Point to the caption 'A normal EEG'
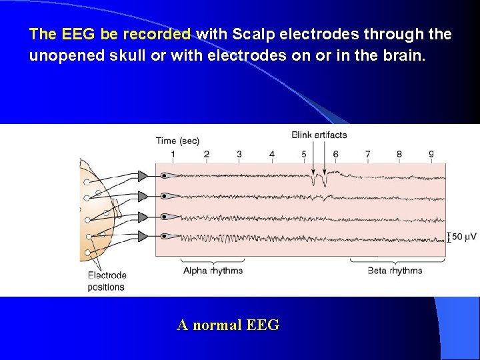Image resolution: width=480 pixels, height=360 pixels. coord(228,325)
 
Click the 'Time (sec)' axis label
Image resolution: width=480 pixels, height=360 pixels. coord(177,141)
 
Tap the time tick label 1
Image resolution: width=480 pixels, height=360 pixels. coord(173,155)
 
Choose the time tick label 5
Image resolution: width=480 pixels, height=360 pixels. coord(304,155)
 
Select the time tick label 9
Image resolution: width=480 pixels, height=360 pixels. coord(431,155)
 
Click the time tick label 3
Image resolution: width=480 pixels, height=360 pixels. coord(239,155)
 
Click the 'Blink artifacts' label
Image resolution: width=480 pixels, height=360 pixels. coord(319,135)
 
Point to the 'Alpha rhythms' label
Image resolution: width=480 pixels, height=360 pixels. coord(213,271)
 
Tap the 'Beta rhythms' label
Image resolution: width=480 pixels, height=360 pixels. coord(395,271)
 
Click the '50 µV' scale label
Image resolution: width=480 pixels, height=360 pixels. coord(464,237)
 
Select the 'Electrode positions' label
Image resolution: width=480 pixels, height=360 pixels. coord(107,281)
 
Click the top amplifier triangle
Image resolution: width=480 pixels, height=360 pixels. coord(143,176)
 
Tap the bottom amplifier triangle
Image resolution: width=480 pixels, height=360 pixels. coord(143,236)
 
